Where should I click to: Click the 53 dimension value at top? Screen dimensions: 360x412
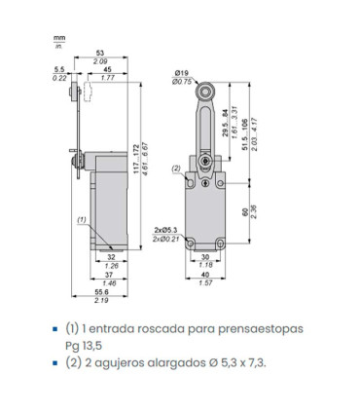pyautogui.click(x=100, y=53)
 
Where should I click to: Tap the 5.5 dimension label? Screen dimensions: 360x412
pyautogui.click(x=59, y=69)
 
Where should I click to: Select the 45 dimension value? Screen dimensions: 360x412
pyautogui.click(x=107, y=69)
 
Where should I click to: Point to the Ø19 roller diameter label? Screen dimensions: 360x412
pyautogui.click(x=181, y=73)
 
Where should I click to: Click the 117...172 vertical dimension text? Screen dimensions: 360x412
pyautogui.click(x=136, y=159)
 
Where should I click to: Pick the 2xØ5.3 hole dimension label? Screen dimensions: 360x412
pyautogui.click(x=166, y=230)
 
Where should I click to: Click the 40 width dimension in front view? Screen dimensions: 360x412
pyautogui.click(x=205, y=275)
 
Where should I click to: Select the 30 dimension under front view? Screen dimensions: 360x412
pyautogui.click(x=205, y=257)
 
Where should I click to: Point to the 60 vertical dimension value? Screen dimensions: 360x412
pyautogui.click(x=245, y=212)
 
